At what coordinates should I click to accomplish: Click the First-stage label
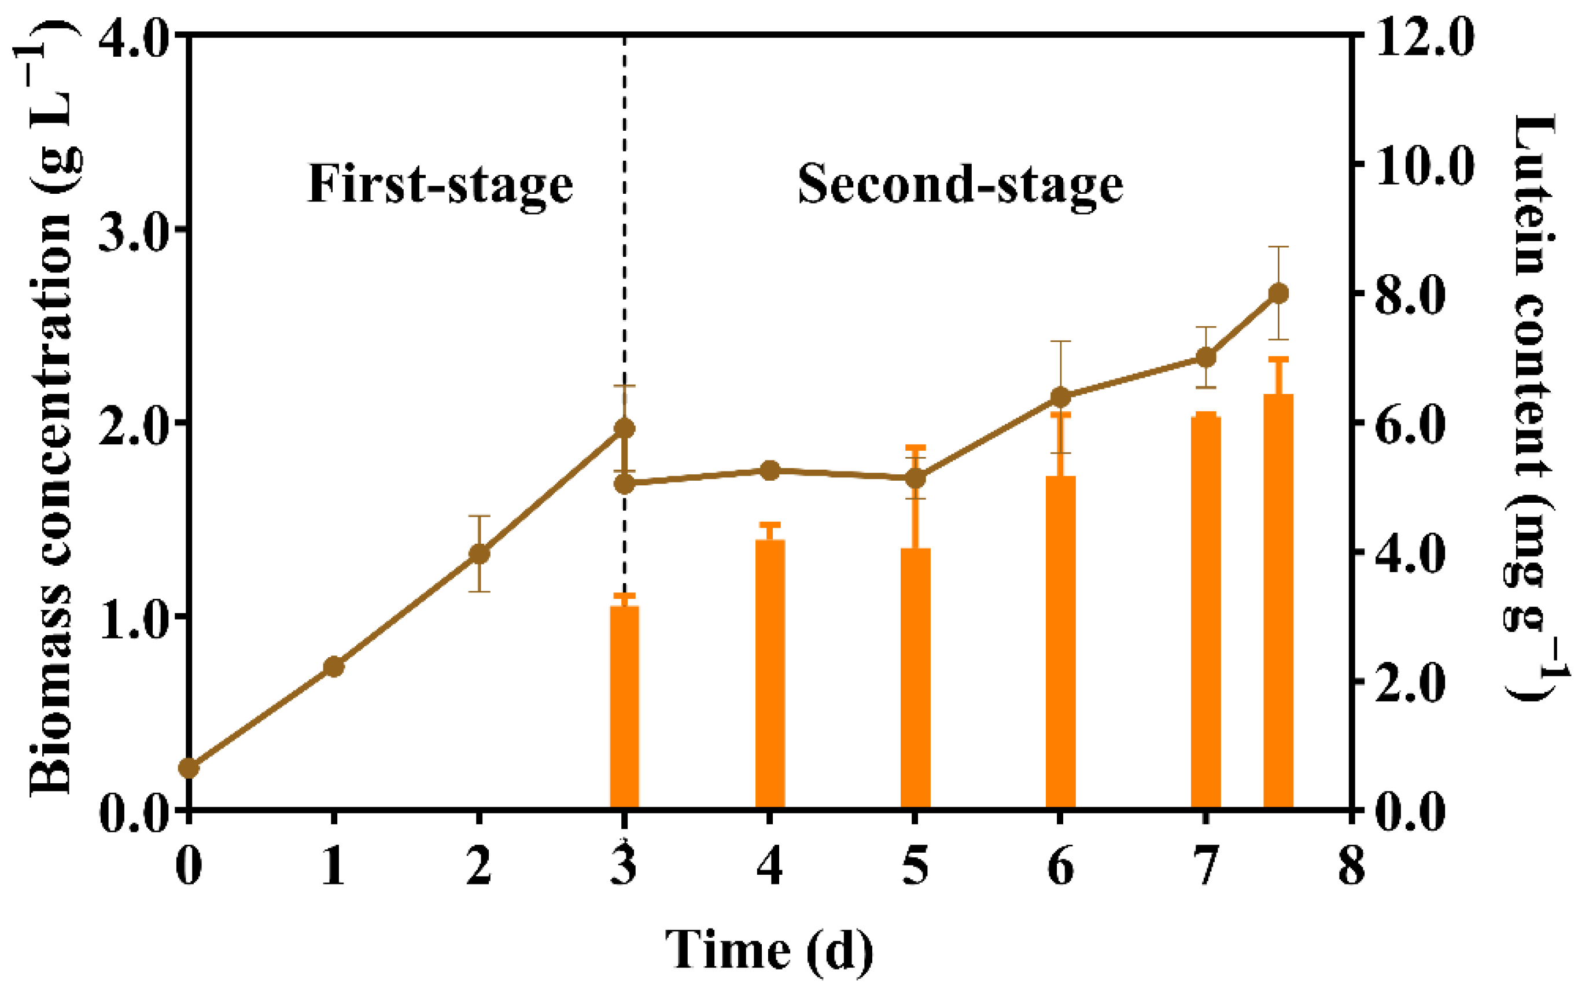point(440,184)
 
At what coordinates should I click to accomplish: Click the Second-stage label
point(960,184)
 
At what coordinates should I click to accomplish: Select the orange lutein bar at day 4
point(770,675)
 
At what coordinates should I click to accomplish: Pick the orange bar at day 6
point(1060,642)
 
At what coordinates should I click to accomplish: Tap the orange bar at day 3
point(624,708)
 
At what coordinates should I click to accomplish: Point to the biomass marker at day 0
point(189,768)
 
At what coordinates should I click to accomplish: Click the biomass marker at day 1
point(334,667)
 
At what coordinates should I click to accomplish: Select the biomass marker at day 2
point(480,554)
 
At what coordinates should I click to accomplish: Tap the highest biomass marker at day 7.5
point(1278,293)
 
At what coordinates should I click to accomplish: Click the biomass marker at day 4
point(770,470)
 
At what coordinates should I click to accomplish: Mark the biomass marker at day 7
point(1206,357)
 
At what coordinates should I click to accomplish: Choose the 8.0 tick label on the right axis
point(1409,294)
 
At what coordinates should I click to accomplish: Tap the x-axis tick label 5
point(915,866)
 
